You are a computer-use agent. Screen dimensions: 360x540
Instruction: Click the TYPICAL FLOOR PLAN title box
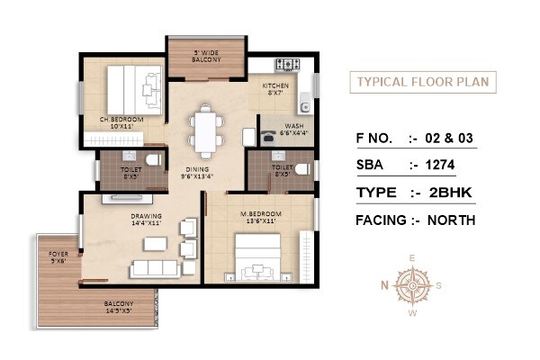(x=422, y=82)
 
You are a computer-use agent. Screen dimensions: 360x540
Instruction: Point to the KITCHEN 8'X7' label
(x=275, y=89)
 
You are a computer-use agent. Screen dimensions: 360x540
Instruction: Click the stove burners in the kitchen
(x=289, y=65)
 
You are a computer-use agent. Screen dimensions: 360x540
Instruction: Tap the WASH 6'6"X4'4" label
(x=294, y=130)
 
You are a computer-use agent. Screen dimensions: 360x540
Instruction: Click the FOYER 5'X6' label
(x=59, y=257)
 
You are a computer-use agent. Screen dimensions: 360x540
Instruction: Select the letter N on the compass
(x=382, y=286)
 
